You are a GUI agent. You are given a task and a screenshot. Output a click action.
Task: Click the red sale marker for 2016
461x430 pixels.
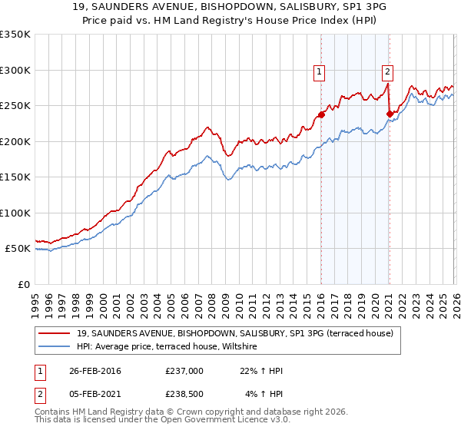tap(321, 115)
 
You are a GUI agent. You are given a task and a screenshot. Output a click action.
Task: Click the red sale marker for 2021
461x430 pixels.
tap(390, 114)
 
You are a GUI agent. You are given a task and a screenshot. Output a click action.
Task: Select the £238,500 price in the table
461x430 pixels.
tap(184, 395)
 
